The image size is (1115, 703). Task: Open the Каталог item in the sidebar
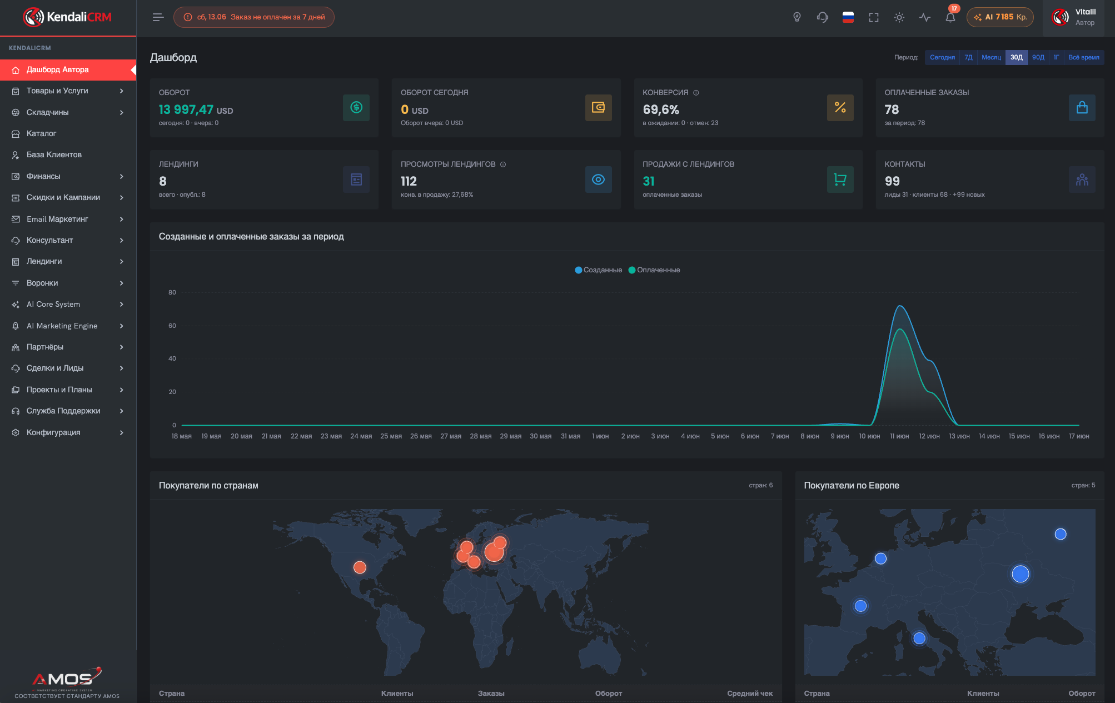click(x=41, y=133)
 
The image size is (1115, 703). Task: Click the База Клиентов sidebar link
click(x=54, y=154)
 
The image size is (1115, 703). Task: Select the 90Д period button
click(x=1038, y=57)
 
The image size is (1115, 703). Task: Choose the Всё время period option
click(x=1083, y=57)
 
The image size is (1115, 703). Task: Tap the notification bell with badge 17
click(x=950, y=17)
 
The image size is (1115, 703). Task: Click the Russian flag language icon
click(x=848, y=17)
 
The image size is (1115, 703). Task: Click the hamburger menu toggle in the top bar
click(x=158, y=17)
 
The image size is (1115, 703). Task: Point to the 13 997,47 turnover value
click(x=186, y=110)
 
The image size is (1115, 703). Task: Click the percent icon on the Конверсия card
click(x=840, y=108)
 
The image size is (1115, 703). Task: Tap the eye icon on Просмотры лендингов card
click(x=598, y=180)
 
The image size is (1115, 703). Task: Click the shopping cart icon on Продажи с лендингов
click(x=840, y=180)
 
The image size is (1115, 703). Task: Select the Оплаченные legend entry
click(x=654, y=270)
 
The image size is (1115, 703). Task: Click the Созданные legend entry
click(x=599, y=270)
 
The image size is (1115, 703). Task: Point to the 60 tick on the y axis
click(x=172, y=326)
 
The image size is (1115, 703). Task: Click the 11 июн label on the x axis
click(x=899, y=436)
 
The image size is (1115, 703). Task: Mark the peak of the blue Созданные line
click(x=900, y=306)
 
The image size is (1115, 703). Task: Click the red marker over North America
click(x=360, y=567)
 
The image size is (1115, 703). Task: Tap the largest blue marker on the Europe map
click(x=1021, y=574)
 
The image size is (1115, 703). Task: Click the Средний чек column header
click(x=750, y=693)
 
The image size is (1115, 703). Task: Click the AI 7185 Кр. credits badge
click(x=1000, y=17)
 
